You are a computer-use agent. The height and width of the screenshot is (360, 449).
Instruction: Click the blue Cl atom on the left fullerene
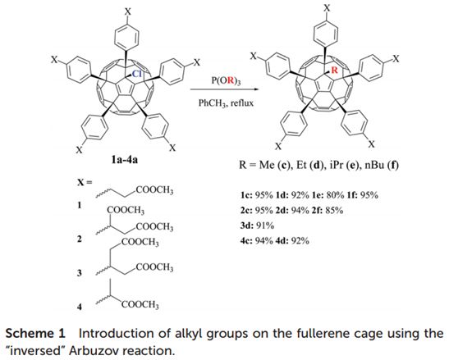136,74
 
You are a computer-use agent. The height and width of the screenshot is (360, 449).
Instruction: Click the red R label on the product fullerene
334,70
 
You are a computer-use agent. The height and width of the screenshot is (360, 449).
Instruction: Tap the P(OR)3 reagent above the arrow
226,81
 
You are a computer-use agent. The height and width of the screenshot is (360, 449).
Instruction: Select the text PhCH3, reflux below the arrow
226,103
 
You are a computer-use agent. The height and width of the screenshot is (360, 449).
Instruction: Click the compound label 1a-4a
125,160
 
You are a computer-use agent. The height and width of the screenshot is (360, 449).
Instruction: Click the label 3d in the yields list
247,226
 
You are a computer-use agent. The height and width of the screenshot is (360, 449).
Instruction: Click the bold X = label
85,182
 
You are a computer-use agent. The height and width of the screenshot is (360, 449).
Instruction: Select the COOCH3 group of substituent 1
154,189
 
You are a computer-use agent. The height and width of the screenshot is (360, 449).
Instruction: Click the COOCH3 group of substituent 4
140,304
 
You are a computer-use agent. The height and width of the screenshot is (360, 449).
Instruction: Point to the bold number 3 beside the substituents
80,273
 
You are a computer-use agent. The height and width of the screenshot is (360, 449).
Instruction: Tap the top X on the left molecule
128,11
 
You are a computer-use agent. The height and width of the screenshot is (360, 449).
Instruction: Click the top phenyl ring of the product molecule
326,34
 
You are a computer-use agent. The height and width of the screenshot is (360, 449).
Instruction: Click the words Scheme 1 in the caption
35,334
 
